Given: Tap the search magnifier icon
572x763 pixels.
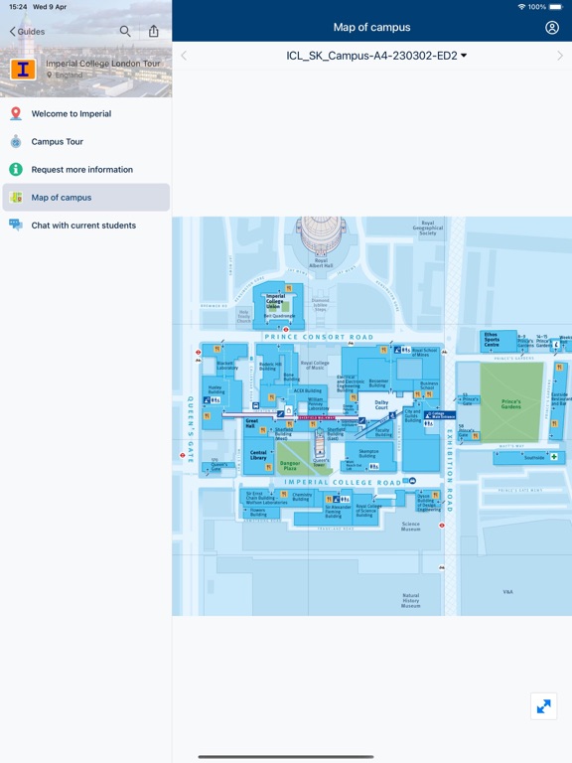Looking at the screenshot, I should [x=125, y=31].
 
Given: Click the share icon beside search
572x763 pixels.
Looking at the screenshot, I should [x=154, y=31].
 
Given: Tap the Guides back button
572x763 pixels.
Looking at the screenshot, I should [x=28, y=32].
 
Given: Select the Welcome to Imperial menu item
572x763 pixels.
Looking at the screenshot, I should [x=71, y=114].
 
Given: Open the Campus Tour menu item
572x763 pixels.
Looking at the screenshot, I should [x=57, y=142].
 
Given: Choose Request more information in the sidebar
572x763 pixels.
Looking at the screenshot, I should [x=81, y=170].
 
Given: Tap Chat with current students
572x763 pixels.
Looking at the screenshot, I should [x=83, y=226].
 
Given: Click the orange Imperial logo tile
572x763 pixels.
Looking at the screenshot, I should [x=23, y=70].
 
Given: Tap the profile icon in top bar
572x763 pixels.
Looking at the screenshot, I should [x=552, y=28].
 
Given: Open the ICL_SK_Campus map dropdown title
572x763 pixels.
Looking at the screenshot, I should [x=376, y=56].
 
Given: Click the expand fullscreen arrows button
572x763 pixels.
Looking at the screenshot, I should [x=543, y=706].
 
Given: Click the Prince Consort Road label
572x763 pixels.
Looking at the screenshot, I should [x=319, y=337].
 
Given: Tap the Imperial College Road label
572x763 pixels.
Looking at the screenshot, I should [x=343, y=483].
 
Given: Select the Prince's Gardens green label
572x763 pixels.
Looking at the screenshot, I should [x=511, y=403].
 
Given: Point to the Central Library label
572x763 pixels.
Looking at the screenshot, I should [x=258, y=454].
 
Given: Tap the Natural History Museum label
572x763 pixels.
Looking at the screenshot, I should [x=410, y=600].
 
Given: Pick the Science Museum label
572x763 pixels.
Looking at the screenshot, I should [x=410, y=527].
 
